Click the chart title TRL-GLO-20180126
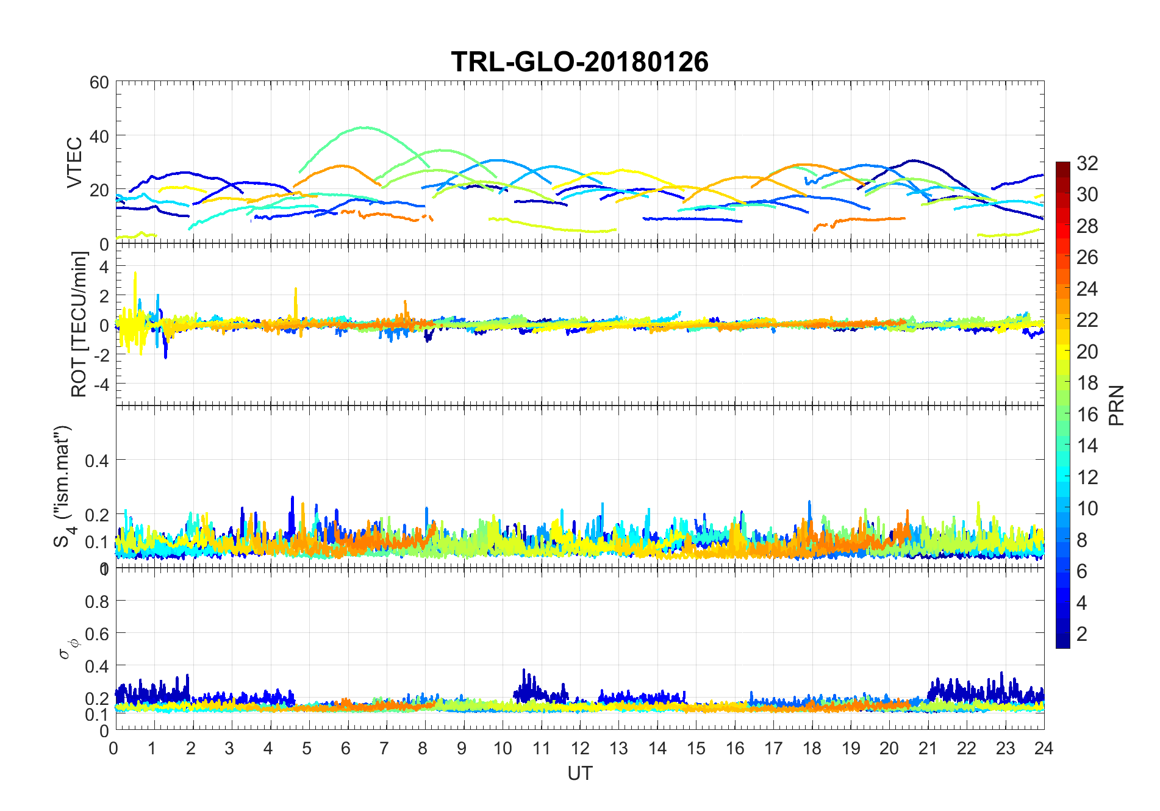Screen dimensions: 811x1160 pos(579,62)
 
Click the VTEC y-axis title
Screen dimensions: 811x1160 pos(74,162)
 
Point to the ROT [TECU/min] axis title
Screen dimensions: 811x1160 pos(79,324)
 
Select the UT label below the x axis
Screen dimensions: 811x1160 pos(579,773)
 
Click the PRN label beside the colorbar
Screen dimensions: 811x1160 pos(1116,405)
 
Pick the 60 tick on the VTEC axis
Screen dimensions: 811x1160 pos(99,82)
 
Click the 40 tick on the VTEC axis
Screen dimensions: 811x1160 pos(99,136)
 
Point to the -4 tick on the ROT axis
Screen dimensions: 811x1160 pos(99,385)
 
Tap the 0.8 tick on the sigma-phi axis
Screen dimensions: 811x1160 pos(96,602)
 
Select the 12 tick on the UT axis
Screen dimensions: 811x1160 pos(579,748)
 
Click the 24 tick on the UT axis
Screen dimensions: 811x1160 pos(1044,748)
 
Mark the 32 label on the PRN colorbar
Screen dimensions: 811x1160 pos(1087,163)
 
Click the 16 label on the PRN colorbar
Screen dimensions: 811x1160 pos(1087,415)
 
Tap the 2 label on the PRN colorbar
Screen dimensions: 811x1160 pos(1082,634)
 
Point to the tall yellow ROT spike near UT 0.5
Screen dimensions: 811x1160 pos(135,274)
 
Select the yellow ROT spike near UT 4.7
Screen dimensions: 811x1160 pos(296,290)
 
